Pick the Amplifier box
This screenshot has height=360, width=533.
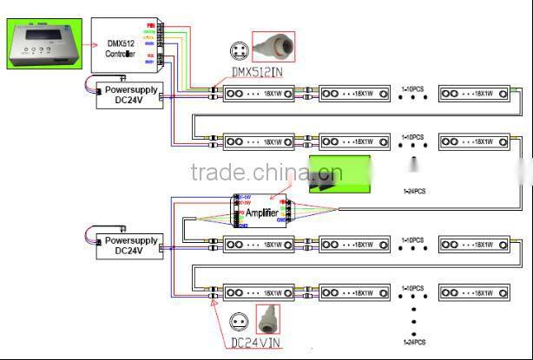[261, 212]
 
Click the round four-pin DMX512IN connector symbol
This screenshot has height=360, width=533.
[240, 49]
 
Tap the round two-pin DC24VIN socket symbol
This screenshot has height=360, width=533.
[239, 320]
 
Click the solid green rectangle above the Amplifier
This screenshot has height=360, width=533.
[339, 173]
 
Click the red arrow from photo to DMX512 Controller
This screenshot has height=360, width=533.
[81, 45]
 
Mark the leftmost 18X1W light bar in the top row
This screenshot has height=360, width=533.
[259, 93]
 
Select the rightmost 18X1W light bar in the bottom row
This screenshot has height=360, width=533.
[475, 292]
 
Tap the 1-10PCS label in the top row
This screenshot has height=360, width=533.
[412, 88]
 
